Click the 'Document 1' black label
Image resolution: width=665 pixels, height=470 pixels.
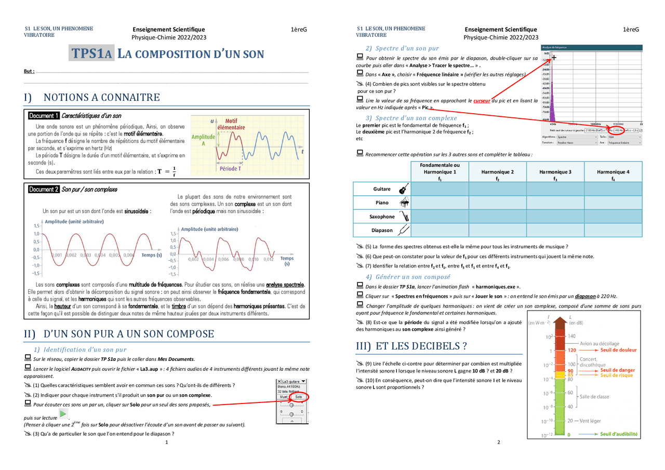coord(44,116)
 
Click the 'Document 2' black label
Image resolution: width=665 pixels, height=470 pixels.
coord(44,190)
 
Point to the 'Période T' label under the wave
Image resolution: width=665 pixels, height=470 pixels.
coord(230,168)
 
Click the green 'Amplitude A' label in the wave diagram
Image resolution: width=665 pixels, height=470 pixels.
coord(203,140)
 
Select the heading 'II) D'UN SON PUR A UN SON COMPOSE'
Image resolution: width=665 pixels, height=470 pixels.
coord(119,334)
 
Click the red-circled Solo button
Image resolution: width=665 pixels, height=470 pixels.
coord(298,397)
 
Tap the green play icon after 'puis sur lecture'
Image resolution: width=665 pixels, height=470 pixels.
coord(63,414)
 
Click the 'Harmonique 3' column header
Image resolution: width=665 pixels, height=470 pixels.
coord(555,172)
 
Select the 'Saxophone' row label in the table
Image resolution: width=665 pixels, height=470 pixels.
coord(382,217)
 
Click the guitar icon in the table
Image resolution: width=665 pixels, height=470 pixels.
coord(404,189)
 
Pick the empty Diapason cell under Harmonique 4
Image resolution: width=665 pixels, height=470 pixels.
coord(613,230)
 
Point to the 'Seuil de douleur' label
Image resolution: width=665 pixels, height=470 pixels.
coord(618,350)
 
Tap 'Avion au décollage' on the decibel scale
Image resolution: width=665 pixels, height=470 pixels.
coord(600,343)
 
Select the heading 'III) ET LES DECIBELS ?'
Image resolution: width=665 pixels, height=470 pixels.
coord(411,346)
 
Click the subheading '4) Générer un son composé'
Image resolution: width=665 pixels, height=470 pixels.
coord(408,277)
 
